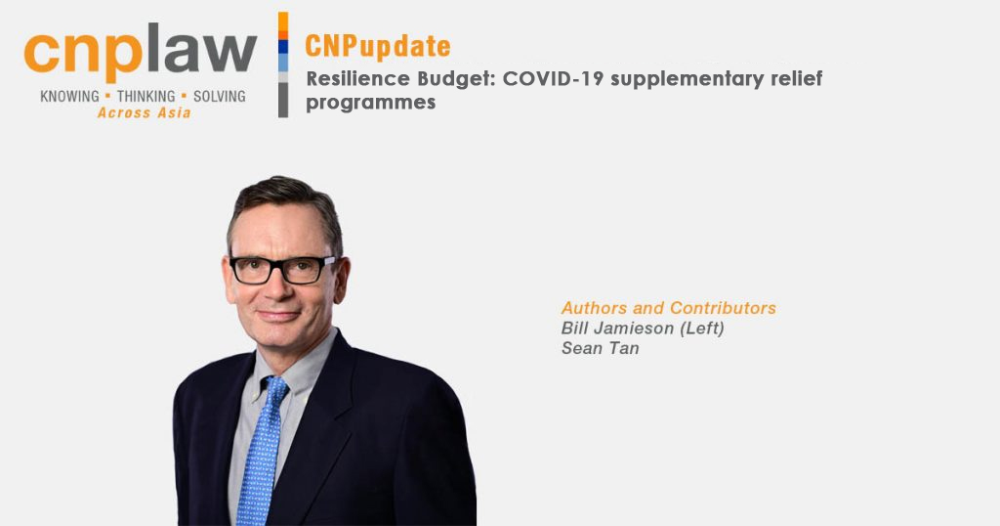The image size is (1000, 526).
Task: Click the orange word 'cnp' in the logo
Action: pyautogui.click(x=83, y=54)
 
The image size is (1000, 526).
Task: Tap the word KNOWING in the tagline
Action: pyautogui.click(x=69, y=97)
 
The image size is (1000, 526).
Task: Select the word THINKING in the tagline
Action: pyautogui.click(x=146, y=97)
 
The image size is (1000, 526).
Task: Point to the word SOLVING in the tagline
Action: pyautogui.click(x=220, y=97)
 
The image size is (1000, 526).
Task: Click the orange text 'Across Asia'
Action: pyautogui.click(x=145, y=113)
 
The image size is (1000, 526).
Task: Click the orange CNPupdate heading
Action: pyautogui.click(x=378, y=47)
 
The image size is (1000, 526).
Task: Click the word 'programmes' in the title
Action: pyautogui.click(x=370, y=103)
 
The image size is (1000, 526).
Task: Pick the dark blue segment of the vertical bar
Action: pyautogui.click(x=283, y=47)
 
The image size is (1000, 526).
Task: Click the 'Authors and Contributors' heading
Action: pyautogui.click(x=668, y=308)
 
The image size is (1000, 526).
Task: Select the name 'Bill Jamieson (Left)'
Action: pyautogui.click(x=643, y=329)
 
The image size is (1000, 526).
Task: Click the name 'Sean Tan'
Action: pyautogui.click(x=601, y=348)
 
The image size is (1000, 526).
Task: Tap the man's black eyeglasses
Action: pyautogui.click(x=282, y=269)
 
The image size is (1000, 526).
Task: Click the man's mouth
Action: pyautogui.click(x=278, y=315)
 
